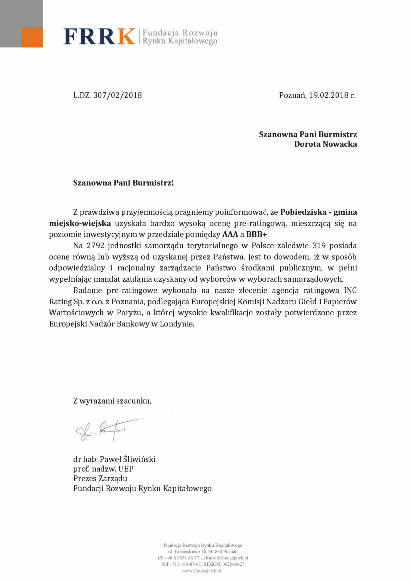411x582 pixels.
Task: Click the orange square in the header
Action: tap(32, 37)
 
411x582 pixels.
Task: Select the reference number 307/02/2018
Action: tap(118, 95)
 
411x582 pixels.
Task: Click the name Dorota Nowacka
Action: tap(325, 144)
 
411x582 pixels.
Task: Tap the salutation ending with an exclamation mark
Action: tap(124, 183)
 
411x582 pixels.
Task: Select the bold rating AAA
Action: tap(230, 235)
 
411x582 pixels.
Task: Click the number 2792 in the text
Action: tap(96, 246)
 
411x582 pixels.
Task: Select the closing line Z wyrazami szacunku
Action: tap(112, 401)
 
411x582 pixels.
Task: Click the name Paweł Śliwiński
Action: tap(128, 459)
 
